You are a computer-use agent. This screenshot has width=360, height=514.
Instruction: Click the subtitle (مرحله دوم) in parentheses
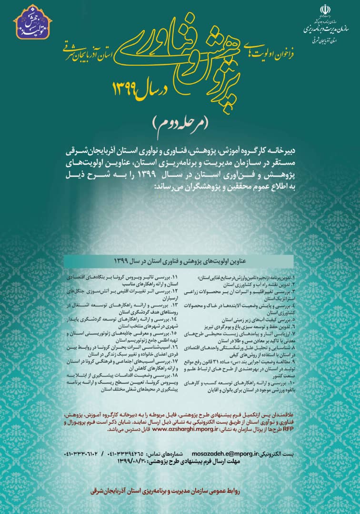click(180, 122)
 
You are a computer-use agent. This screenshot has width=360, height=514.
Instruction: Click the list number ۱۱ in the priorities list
click(173, 277)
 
